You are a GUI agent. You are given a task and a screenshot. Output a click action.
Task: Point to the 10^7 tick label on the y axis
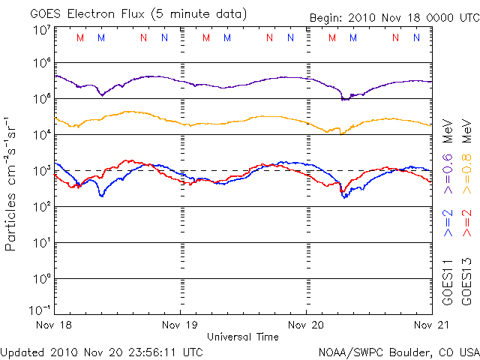(x=41, y=30)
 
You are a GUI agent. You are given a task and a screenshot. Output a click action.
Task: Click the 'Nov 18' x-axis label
(x=54, y=325)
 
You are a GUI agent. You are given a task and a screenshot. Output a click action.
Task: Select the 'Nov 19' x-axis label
(x=180, y=325)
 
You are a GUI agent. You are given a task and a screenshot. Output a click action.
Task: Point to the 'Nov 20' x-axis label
(x=306, y=325)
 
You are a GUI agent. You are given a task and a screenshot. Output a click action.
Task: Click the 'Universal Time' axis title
(x=242, y=337)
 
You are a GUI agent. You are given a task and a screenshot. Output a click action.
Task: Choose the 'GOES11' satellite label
(x=449, y=283)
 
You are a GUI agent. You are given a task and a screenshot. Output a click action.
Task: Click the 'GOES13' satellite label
(x=466, y=283)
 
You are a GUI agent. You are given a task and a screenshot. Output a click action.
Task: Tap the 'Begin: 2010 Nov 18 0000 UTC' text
(x=394, y=17)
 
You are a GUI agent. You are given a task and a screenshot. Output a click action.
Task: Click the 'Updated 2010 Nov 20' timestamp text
(x=102, y=351)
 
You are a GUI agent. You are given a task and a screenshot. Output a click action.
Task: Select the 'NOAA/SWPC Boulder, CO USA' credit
(x=398, y=351)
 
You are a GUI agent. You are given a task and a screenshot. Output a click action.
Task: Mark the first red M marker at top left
(x=80, y=37)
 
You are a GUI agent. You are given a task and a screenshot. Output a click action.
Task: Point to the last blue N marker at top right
(x=415, y=37)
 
